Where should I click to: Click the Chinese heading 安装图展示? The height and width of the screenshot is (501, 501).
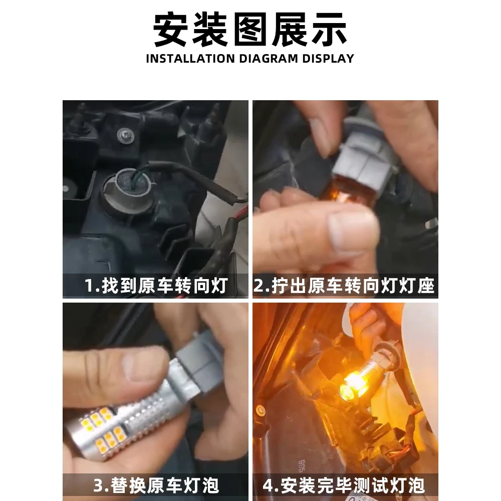(x=250, y=30)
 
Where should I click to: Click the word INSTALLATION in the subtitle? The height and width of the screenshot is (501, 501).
(x=190, y=59)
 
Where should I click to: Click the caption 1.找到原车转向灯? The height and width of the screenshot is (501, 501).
(x=156, y=286)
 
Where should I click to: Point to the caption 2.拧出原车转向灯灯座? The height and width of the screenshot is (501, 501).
(x=344, y=286)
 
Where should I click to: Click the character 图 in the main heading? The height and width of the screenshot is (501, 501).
(x=250, y=30)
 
